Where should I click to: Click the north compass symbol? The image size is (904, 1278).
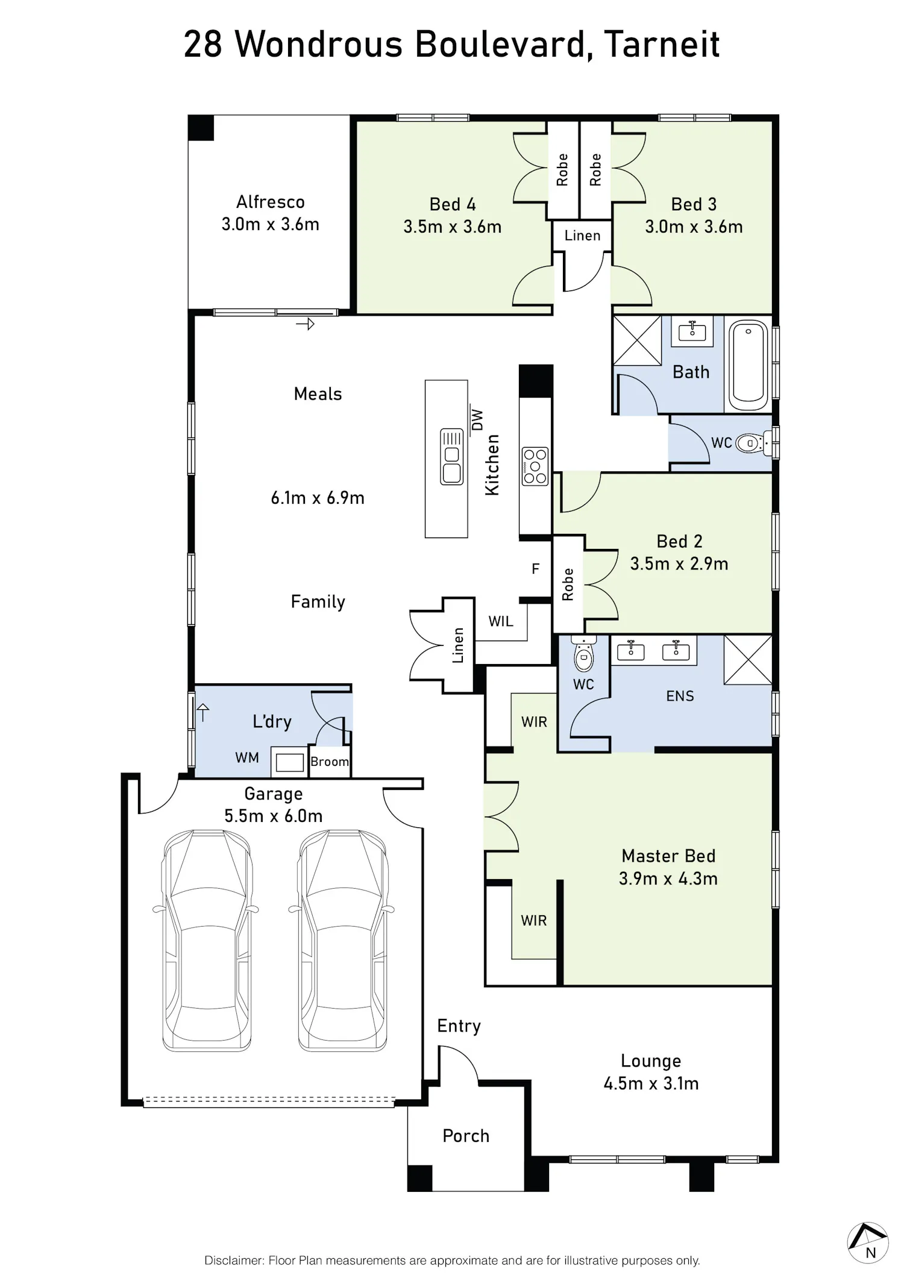[868, 1242]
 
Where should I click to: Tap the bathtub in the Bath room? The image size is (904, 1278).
[749, 365]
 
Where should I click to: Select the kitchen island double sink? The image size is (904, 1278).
[451, 456]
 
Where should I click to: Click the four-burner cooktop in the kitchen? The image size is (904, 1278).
[535, 466]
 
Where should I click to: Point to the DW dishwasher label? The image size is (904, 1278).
[477, 419]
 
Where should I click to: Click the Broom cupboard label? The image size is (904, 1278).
[330, 762]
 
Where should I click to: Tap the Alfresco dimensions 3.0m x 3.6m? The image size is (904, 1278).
[270, 224]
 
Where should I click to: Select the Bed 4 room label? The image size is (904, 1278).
[453, 204]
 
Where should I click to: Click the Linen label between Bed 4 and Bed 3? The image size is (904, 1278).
[582, 236]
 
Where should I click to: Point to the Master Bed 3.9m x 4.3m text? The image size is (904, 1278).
[668, 867]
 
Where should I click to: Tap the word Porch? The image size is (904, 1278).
[466, 1136]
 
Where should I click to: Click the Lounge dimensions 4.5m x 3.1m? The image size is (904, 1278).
[651, 1083]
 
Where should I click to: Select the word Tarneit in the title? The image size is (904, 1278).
[662, 44]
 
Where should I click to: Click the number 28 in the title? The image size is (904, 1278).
[203, 44]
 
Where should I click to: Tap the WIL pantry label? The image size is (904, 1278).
[501, 621]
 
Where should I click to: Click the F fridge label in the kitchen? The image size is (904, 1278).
[535, 569]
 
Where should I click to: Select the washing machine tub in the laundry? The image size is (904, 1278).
[289, 762]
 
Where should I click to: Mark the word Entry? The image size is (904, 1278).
[459, 1026]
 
